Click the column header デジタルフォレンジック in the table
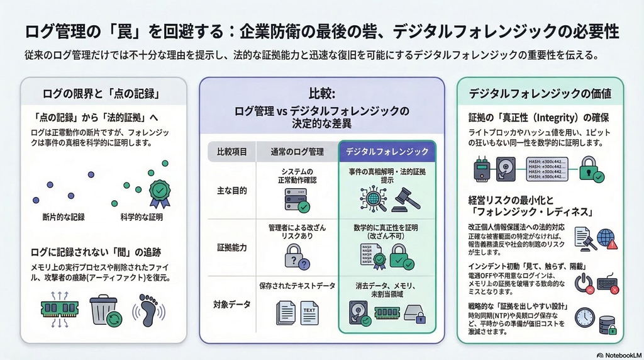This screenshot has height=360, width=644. pos(387,152)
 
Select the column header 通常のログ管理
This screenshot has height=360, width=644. pos(297,152)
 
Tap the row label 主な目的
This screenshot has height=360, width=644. pos(232,190)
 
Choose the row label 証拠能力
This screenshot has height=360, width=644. pos(232,247)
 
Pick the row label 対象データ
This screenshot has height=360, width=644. pos(232,305)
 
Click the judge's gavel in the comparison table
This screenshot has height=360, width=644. pos(406,200)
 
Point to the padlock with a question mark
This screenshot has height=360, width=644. pos(296,257)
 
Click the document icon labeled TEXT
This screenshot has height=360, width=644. pos(309,312)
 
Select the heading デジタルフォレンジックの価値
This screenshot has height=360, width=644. pos(540,94)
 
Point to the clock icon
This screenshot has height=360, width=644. pos(584,317)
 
